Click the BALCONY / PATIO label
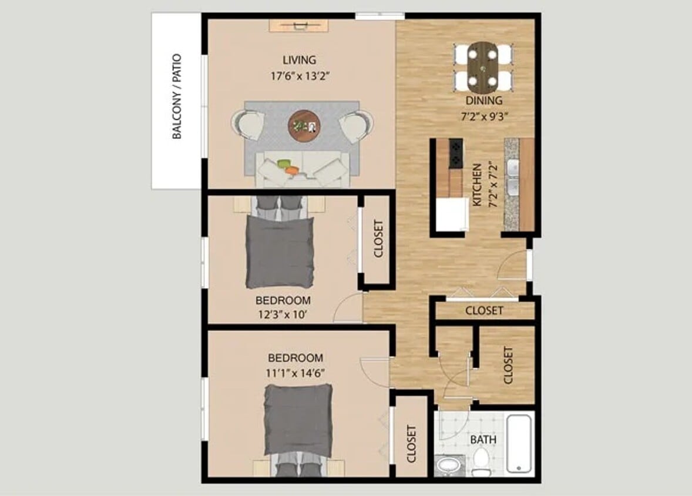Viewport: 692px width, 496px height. pyautogui.click(x=177, y=96)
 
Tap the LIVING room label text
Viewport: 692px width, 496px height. pyautogui.click(x=299, y=60)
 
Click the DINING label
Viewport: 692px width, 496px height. pyautogui.click(x=484, y=100)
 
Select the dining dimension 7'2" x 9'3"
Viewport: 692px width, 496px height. pyautogui.click(x=484, y=116)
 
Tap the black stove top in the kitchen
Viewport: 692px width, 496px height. pyautogui.click(x=456, y=152)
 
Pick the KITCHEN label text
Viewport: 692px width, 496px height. pyautogui.click(x=478, y=185)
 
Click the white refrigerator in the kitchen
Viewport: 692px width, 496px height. pyautogui.click(x=451, y=214)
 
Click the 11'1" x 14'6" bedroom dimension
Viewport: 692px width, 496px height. pyautogui.click(x=295, y=372)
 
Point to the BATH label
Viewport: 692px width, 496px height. pyautogui.click(x=483, y=440)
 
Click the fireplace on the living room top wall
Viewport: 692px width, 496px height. pyautogui.click(x=299, y=25)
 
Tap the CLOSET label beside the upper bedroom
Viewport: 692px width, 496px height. pyautogui.click(x=378, y=239)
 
